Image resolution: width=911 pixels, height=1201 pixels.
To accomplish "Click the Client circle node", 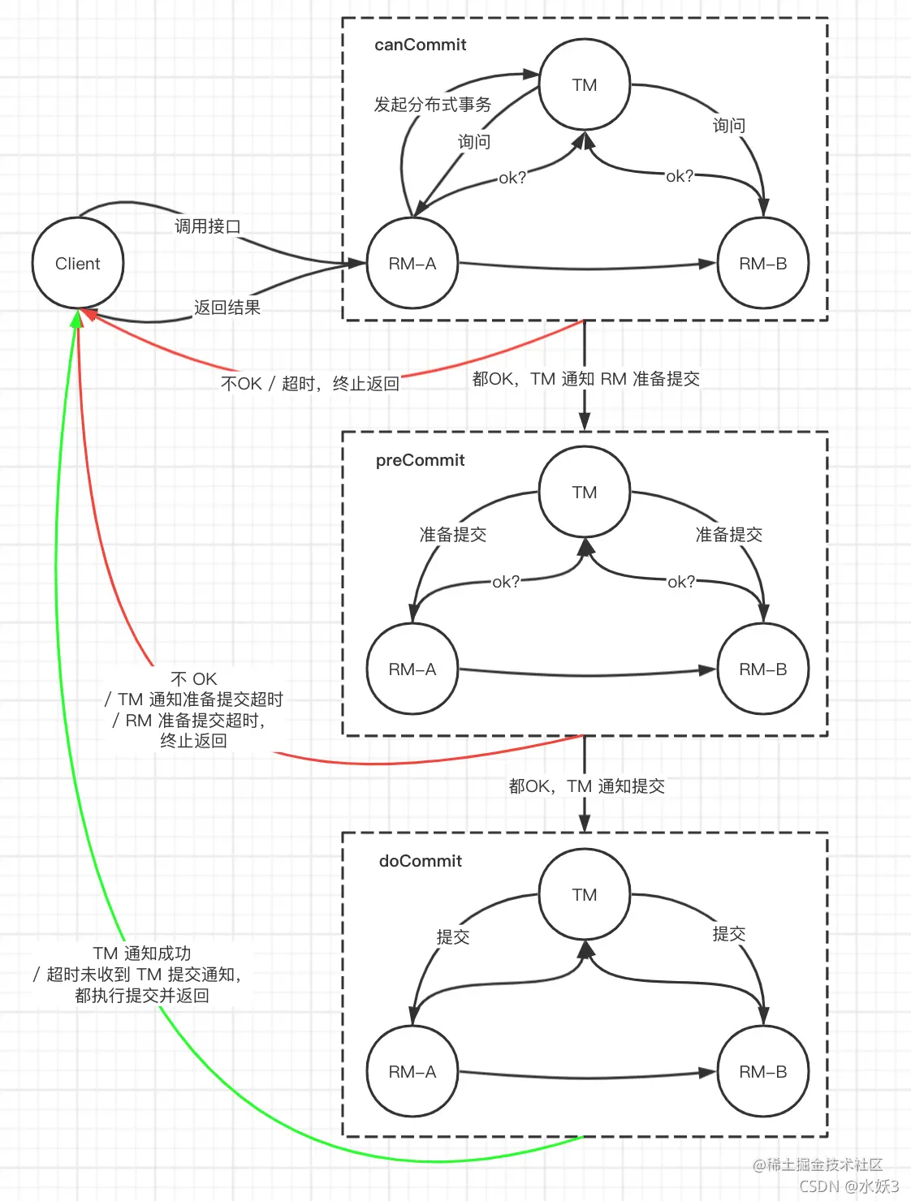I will point(78,264).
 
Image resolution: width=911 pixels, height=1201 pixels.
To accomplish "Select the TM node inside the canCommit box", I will point(585,85).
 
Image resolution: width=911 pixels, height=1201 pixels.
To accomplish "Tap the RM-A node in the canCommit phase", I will point(412,264).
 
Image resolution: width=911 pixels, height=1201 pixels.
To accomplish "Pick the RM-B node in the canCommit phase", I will point(762,264).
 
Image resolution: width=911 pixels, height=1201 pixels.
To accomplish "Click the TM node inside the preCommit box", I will point(585,493).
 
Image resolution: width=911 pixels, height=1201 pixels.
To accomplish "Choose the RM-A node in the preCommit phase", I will point(412,669).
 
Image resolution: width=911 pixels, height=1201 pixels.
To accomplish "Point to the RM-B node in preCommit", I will point(762,669).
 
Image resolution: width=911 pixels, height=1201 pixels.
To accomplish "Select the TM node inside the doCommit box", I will point(585,895).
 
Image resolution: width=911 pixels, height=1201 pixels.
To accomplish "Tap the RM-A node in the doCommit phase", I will point(412,1072).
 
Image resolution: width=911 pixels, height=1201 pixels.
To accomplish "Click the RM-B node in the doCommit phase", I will point(762,1072).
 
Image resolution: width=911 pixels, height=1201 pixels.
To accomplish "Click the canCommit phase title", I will point(420,45).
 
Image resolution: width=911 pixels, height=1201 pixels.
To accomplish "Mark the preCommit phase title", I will point(420,460).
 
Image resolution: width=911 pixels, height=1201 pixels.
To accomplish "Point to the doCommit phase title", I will point(420,861).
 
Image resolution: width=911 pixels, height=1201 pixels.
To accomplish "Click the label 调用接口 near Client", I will point(208,226).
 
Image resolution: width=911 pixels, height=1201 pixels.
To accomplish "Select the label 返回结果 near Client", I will point(227,308).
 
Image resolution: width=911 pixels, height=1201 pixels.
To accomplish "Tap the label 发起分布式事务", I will point(432,105).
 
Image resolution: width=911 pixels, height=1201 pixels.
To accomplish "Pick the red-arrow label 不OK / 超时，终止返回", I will point(310,383).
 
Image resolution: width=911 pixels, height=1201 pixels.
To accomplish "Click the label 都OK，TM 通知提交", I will point(586,786).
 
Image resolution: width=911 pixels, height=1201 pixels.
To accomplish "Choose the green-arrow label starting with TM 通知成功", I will point(142,974).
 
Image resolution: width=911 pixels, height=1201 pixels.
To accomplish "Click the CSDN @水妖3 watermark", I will point(848,1186).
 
